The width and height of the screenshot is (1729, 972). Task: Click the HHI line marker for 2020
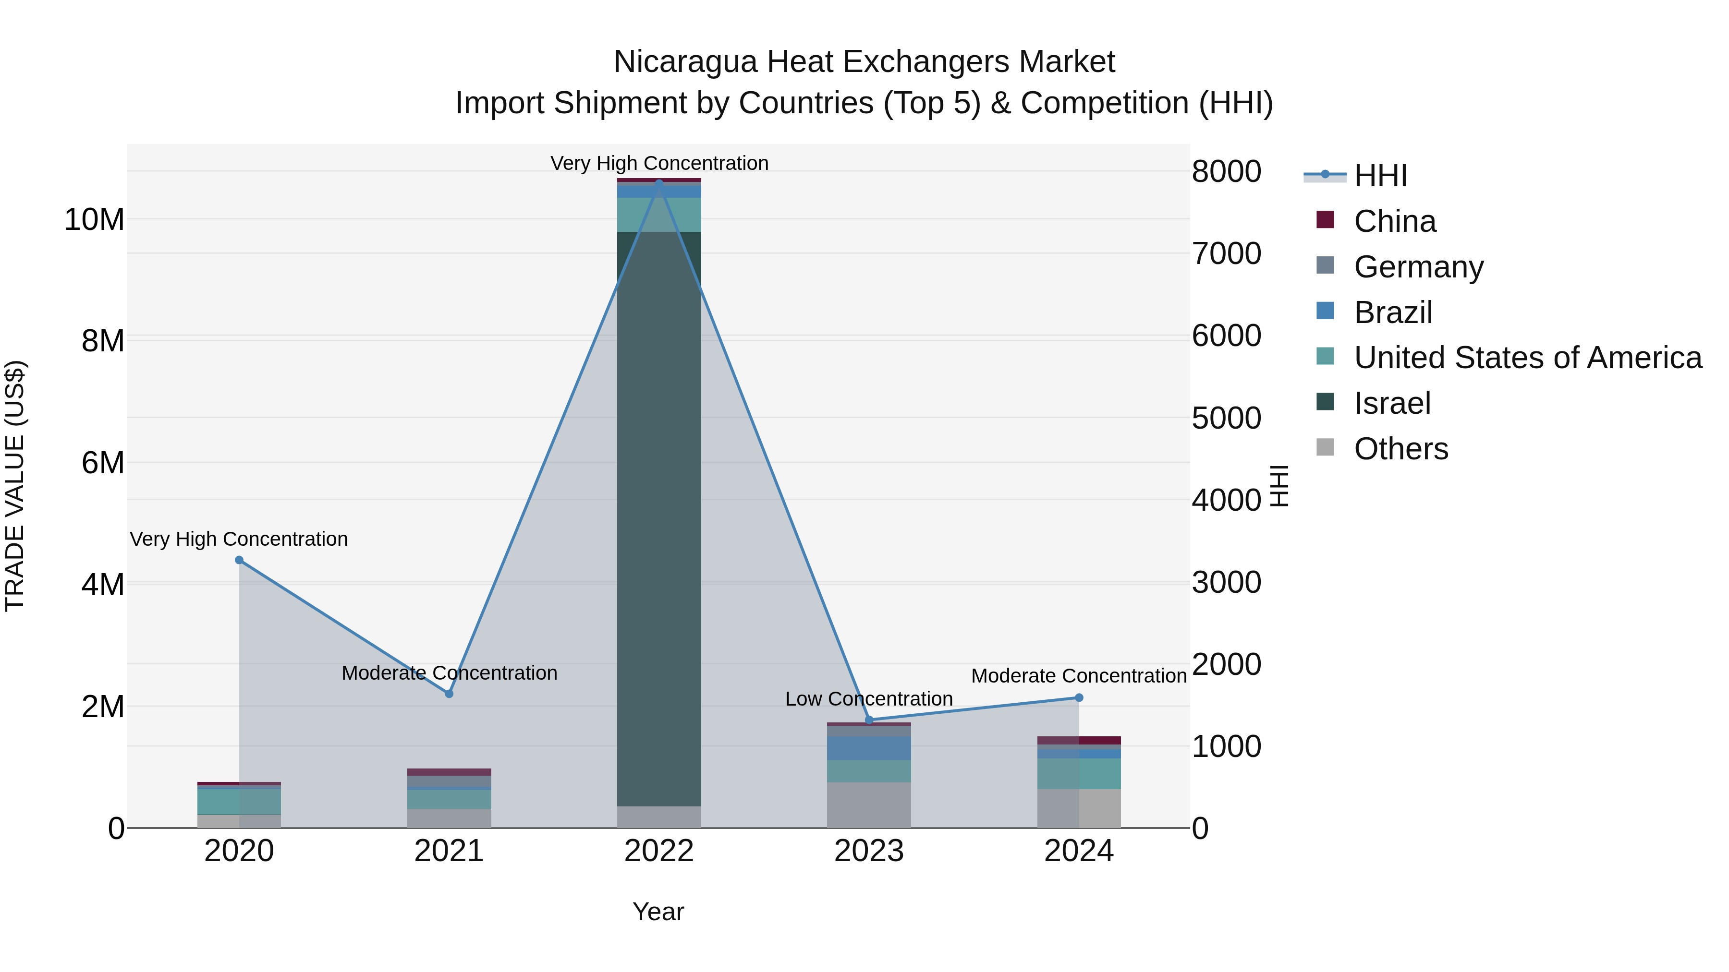[x=239, y=560]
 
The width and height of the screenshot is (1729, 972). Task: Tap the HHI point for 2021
[x=449, y=694]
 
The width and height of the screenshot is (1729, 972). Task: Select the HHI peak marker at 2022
[x=658, y=182]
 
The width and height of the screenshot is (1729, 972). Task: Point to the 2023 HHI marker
[x=869, y=720]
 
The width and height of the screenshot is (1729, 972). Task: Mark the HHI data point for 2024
[x=1079, y=697]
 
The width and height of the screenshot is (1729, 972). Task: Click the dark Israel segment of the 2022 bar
[x=658, y=516]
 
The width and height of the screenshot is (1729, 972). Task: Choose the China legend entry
[x=1394, y=221]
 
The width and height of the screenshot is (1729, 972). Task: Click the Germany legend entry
[x=1418, y=267]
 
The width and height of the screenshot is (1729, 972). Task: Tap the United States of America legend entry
[x=1527, y=358]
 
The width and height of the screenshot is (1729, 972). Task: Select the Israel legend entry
[x=1392, y=403]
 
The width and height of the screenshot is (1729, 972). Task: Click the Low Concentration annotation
[x=868, y=699]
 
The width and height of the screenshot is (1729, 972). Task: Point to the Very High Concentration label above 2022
[x=659, y=163]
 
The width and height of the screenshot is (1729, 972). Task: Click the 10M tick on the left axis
[x=94, y=220]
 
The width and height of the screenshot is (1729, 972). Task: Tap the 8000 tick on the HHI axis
[x=1226, y=172]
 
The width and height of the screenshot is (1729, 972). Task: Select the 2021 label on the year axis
[x=449, y=851]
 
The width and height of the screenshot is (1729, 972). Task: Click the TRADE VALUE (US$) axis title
[x=15, y=486]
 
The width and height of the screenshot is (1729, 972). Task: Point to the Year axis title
[x=658, y=912]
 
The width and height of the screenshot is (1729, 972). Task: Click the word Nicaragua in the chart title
[x=685, y=62]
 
